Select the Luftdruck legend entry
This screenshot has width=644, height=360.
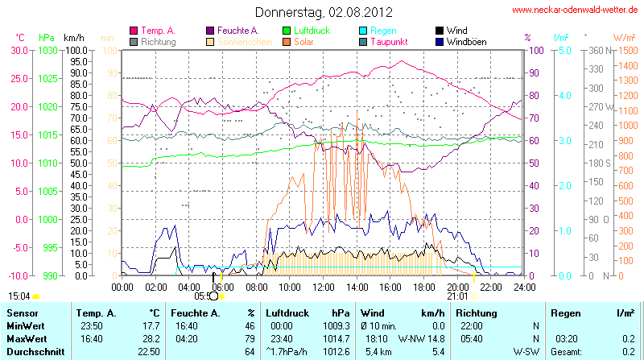(308, 30)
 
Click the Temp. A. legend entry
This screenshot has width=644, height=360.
(157, 30)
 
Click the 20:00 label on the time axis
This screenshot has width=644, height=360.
(457, 287)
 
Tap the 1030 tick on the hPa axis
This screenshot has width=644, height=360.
(47, 50)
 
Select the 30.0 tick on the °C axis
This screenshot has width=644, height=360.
(19, 50)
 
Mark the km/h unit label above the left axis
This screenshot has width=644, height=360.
(74, 38)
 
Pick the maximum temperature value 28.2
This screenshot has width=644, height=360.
(149, 338)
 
